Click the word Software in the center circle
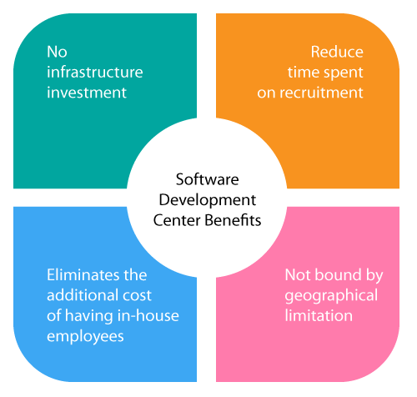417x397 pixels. click(x=208, y=179)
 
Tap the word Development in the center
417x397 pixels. click(x=208, y=201)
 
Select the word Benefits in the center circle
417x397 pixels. click(x=233, y=220)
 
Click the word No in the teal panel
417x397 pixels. click(x=57, y=52)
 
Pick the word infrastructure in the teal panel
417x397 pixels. click(x=95, y=72)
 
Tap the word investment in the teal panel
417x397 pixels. click(x=87, y=93)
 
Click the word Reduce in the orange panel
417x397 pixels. click(x=337, y=52)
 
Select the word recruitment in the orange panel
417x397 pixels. click(x=321, y=93)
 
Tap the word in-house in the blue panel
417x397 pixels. click(x=148, y=315)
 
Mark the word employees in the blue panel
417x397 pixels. click(x=85, y=337)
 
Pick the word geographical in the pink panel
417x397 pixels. click(x=331, y=296)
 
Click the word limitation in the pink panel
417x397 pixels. click(x=319, y=315)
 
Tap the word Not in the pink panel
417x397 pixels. click(x=298, y=275)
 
